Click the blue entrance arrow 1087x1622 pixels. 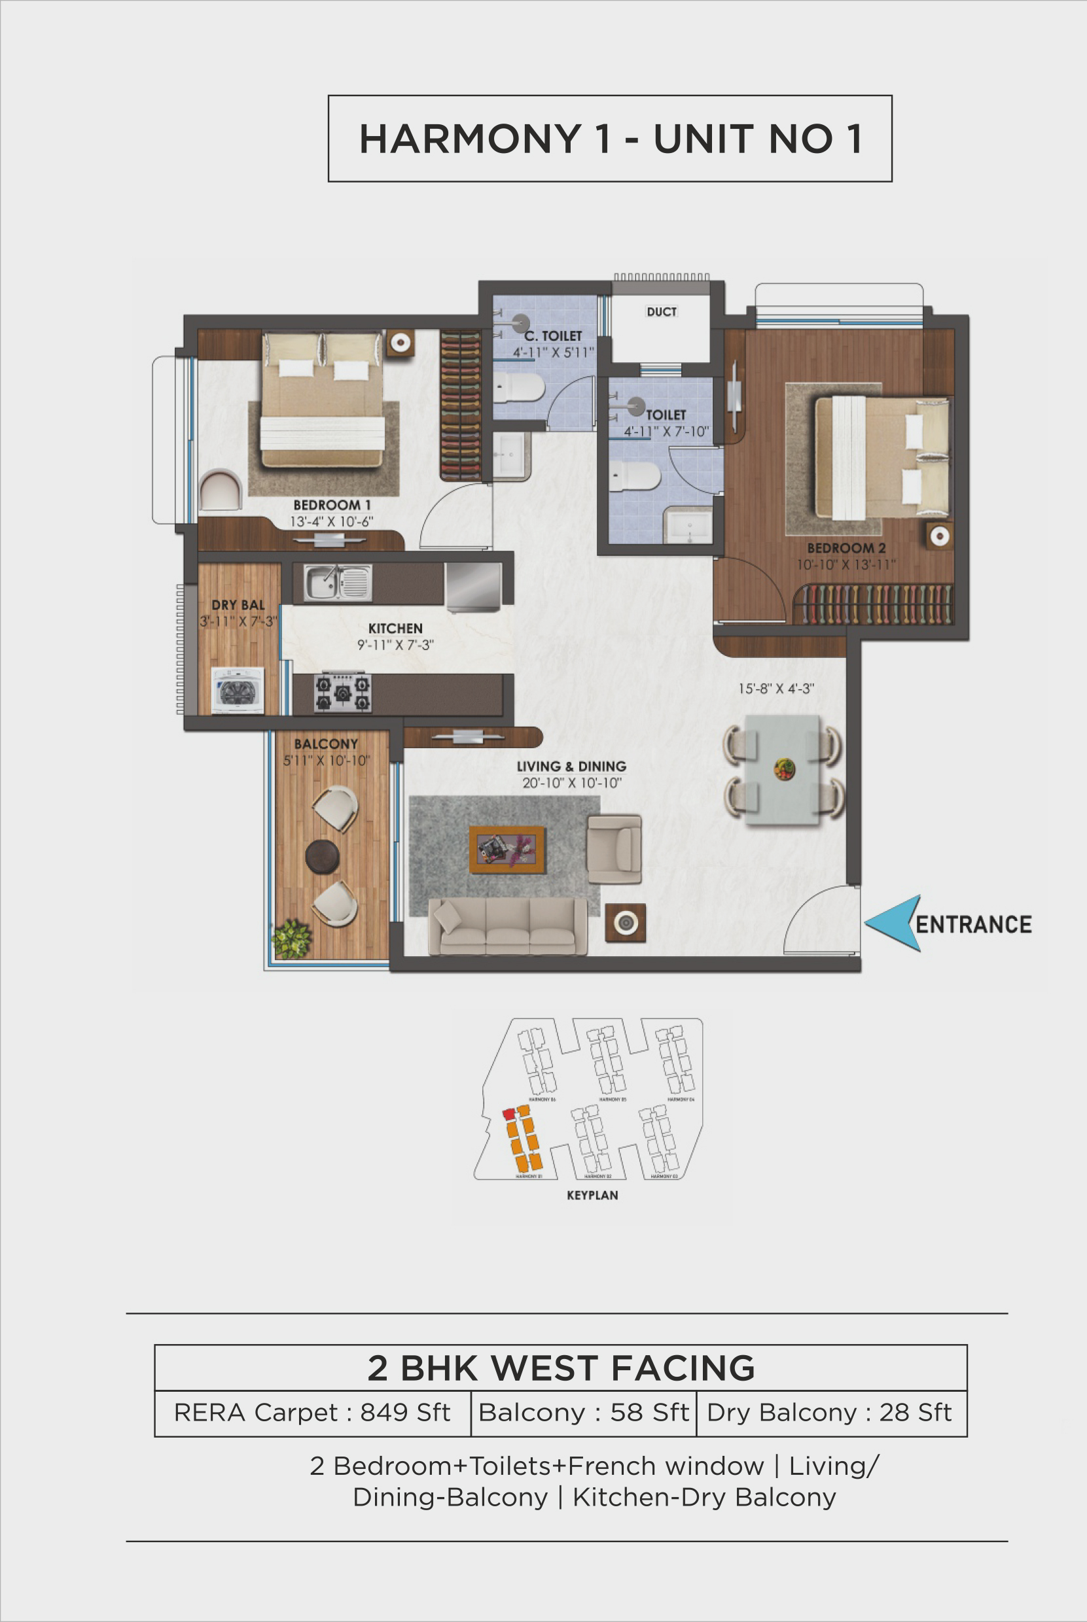point(893,922)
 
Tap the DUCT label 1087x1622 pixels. point(661,312)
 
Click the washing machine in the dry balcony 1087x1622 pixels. point(237,690)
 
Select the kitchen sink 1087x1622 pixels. point(337,582)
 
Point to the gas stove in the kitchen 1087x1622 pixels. point(342,692)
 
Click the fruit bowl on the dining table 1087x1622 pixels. point(784,768)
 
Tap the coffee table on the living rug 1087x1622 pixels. point(506,850)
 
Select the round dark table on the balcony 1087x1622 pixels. point(323,856)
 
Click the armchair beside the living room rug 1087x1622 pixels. point(615,849)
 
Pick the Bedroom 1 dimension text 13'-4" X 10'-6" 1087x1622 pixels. point(331,522)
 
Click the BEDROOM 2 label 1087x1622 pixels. point(845,548)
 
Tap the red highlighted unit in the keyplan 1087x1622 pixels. point(509,1113)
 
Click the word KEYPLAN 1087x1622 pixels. point(592,1195)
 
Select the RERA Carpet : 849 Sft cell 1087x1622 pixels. point(312,1413)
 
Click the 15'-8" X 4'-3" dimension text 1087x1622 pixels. point(775,689)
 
